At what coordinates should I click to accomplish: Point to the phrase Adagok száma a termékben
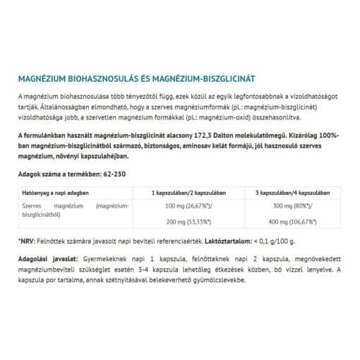coord(57,174)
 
